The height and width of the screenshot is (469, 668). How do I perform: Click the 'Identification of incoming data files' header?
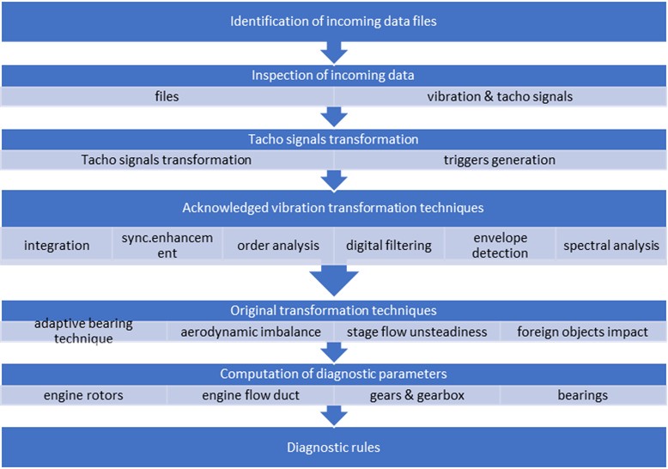click(x=333, y=21)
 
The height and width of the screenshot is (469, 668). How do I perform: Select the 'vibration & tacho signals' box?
click(x=500, y=96)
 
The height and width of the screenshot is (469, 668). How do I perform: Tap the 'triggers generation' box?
click(x=500, y=160)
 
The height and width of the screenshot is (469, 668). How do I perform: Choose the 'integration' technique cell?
click(x=57, y=245)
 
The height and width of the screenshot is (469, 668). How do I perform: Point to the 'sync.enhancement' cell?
click(x=167, y=245)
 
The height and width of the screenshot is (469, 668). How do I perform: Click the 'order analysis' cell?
click(x=278, y=245)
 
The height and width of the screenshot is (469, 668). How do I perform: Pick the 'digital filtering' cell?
click(x=389, y=245)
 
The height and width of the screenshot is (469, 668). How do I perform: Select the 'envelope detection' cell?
click(x=500, y=245)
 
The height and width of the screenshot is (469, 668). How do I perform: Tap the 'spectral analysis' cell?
click(x=610, y=245)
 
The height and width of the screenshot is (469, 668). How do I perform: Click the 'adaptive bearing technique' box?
click(x=84, y=332)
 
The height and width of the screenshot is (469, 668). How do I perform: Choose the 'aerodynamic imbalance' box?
click(x=250, y=332)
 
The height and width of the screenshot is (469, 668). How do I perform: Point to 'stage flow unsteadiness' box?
click(x=416, y=332)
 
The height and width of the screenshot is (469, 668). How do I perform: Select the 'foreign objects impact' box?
click(x=583, y=332)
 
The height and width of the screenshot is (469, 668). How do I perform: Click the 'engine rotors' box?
click(x=84, y=395)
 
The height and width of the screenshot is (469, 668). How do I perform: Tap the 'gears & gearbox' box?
click(x=416, y=395)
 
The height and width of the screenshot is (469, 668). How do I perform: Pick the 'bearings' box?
click(x=583, y=395)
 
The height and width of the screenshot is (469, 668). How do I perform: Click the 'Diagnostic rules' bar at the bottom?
click(x=333, y=448)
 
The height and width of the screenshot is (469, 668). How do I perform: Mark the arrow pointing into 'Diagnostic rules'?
click(x=333, y=416)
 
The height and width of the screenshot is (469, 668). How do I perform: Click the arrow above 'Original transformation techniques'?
click(x=333, y=280)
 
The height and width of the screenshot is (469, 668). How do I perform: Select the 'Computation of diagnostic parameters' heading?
click(x=333, y=374)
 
